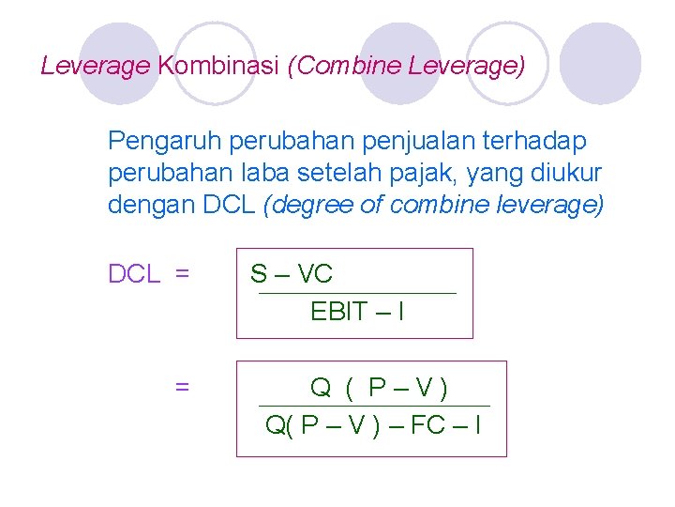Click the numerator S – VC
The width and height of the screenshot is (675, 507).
click(x=292, y=274)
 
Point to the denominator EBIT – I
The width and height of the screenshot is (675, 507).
click(x=357, y=312)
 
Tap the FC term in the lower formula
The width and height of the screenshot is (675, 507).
click(x=427, y=425)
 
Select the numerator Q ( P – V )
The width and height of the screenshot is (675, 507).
click(x=378, y=387)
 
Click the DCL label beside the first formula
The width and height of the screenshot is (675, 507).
click(x=136, y=274)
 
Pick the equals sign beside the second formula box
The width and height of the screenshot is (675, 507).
click(x=183, y=386)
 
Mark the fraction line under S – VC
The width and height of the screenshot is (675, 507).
click(x=356, y=294)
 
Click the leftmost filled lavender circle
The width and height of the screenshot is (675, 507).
click(x=120, y=62)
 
